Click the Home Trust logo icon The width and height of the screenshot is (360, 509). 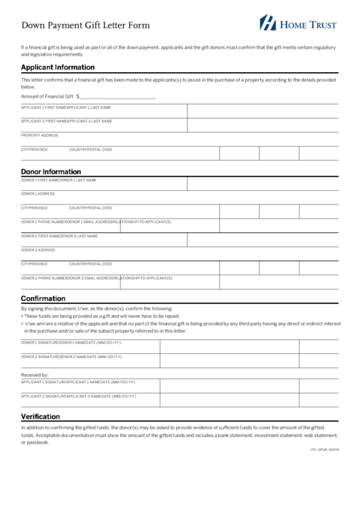tap(268, 22)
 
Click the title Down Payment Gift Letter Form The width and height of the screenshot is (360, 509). tap(86, 25)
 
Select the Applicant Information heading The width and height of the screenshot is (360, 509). tap(58, 67)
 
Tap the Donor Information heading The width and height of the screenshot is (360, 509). tap(51, 171)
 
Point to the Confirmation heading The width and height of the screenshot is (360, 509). tap(43, 298)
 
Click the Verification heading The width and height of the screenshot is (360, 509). tap(40, 417)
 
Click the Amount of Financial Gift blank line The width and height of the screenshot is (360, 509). tap(118, 96)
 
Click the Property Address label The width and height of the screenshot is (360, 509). tap(39, 135)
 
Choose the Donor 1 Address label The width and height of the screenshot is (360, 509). tap(37, 194)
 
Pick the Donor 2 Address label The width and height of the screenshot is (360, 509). tap(37, 250)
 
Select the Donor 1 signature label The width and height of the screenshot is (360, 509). tap(39, 343)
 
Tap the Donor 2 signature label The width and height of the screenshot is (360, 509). tap(39, 356)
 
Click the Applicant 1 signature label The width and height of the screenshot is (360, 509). tap(42, 382)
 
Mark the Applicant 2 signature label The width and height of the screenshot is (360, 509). tap(42, 396)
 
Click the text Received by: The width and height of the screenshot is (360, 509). tap(35, 374)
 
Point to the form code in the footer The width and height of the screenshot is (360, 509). tap(324, 450)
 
